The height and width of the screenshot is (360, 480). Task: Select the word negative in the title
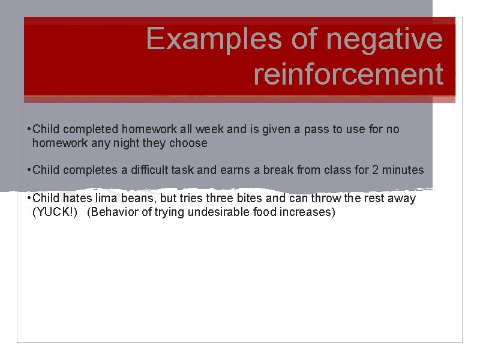coord(384,40)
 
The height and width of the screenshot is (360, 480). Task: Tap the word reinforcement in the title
coord(348,75)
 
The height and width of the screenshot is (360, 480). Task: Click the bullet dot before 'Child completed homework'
coord(29,130)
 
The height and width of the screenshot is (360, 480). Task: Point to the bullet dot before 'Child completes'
coord(29,170)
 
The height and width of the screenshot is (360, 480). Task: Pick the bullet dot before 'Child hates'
coord(29,199)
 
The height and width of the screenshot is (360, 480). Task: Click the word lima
coord(109,198)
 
